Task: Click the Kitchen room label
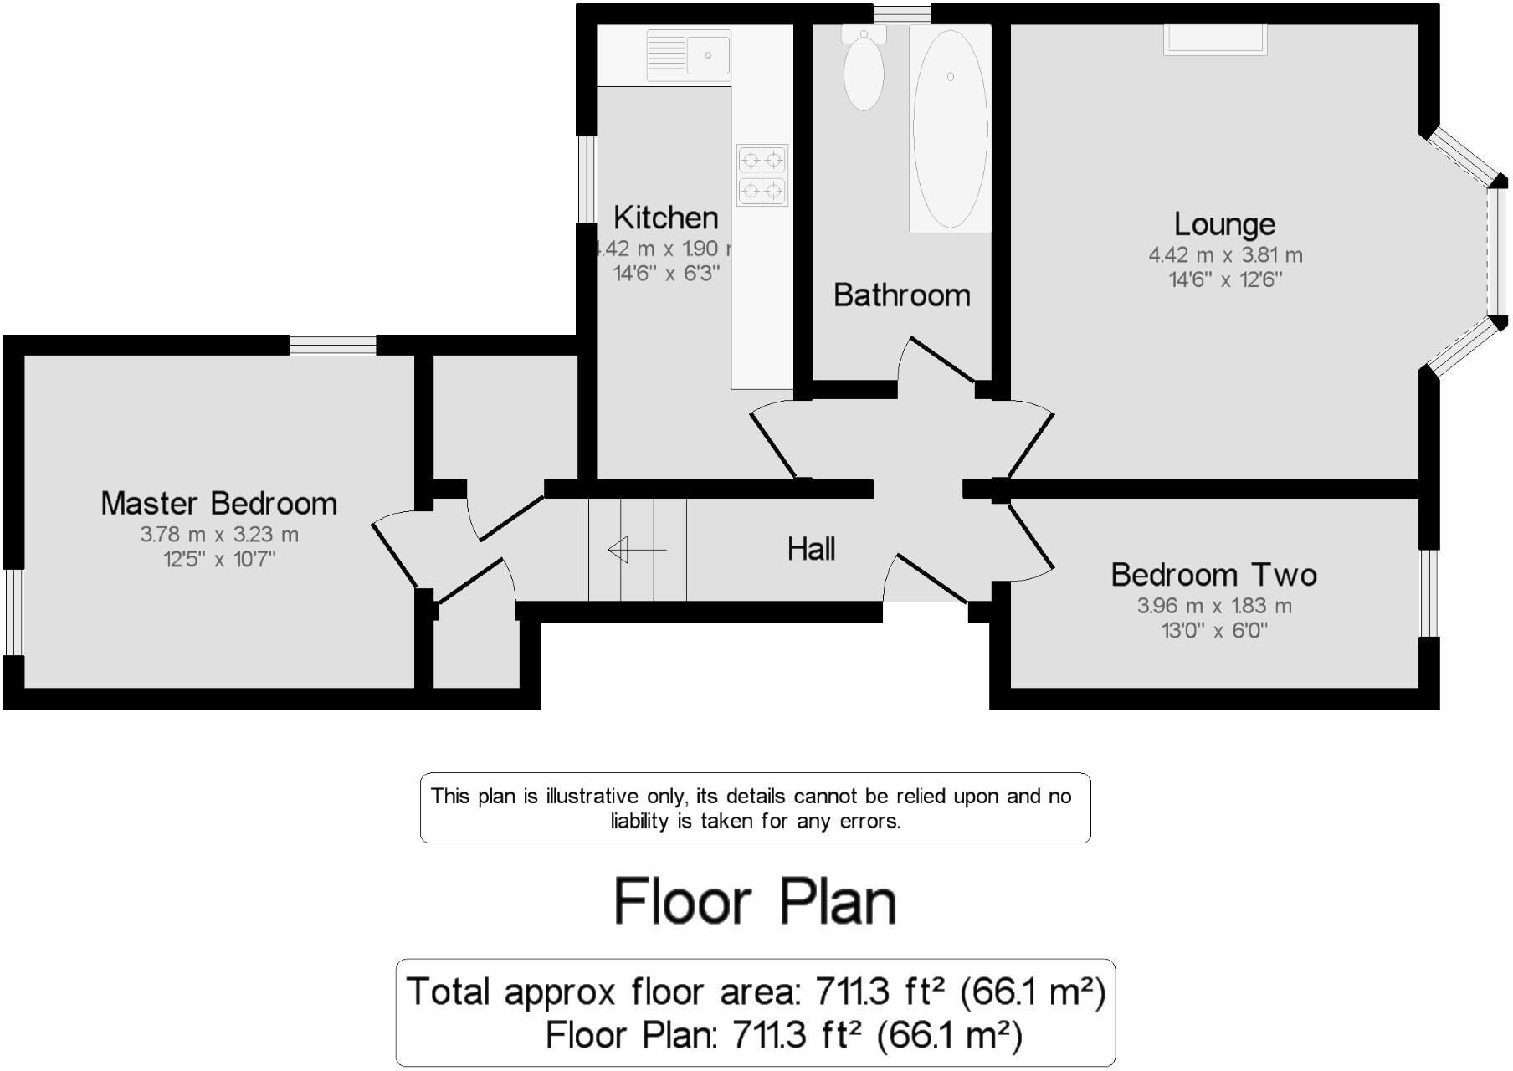pyautogui.click(x=666, y=218)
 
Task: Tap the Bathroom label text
pyautogui.click(x=902, y=295)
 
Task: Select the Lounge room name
pyautogui.click(x=1224, y=224)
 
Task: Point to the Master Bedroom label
pyautogui.click(x=219, y=503)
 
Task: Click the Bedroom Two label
pyautogui.click(x=1213, y=575)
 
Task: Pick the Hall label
pyautogui.click(x=811, y=549)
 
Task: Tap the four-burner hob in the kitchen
pyautogui.click(x=762, y=174)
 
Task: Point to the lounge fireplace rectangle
pyautogui.click(x=1214, y=39)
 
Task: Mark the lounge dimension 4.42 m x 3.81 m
pyautogui.click(x=1225, y=255)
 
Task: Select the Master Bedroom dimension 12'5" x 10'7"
pyautogui.click(x=219, y=559)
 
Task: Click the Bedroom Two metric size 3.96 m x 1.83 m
pyautogui.click(x=1214, y=606)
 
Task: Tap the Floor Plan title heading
pyautogui.click(x=755, y=901)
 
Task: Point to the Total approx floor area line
pyautogui.click(x=755, y=992)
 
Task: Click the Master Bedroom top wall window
pyautogui.click(x=332, y=345)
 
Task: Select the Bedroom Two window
pyautogui.click(x=1429, y=592)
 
